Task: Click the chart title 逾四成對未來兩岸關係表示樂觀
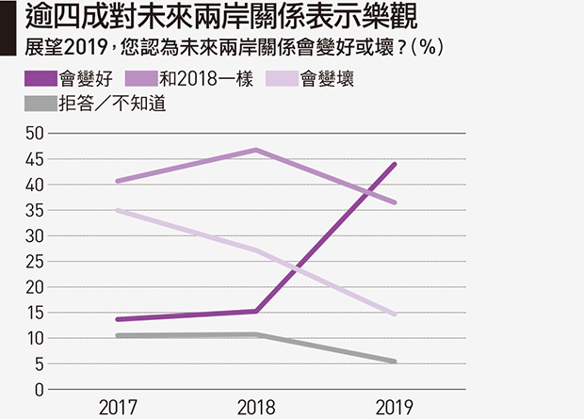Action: point(221,16)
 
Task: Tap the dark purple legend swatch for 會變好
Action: point(41,78)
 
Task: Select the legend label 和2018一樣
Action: point(206,79)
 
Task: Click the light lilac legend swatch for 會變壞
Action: point(282,78)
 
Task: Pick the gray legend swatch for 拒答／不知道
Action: point(41,104)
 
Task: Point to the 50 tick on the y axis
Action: point(34,134)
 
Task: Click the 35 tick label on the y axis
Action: point(34,210)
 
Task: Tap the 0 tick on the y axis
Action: point(40,390)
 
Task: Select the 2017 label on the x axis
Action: point(118,408)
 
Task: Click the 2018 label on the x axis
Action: point(256,408)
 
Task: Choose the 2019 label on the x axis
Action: point(395,408)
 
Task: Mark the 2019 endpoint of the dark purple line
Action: point(395,164)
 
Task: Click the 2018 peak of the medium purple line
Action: point(256,150)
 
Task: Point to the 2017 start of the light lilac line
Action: point(118,210)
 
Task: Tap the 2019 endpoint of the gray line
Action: point(395,362)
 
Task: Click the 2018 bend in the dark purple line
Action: point(256,311)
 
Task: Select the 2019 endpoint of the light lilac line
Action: point(395,314)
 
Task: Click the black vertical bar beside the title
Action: point(8,28)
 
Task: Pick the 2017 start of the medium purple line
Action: point(118,182)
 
